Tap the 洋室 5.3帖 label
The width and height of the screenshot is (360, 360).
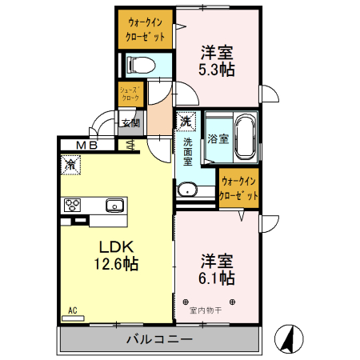(216, 61)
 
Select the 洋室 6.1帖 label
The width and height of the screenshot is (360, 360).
(216, 270)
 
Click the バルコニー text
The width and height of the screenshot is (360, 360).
(159, 339)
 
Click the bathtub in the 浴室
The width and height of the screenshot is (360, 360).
(242, 137)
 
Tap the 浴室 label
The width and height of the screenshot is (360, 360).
(218, 138)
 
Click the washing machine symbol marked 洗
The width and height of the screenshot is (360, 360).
(186, 122)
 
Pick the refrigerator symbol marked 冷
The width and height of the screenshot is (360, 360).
(71, 165)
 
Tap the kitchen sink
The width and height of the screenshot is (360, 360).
(113, 204)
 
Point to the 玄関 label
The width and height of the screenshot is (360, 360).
(130, 123)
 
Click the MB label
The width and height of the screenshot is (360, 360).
(87, 145)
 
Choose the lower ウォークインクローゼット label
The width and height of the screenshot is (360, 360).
(238, 189)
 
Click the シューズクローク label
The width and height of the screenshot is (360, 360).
(130, 94)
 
